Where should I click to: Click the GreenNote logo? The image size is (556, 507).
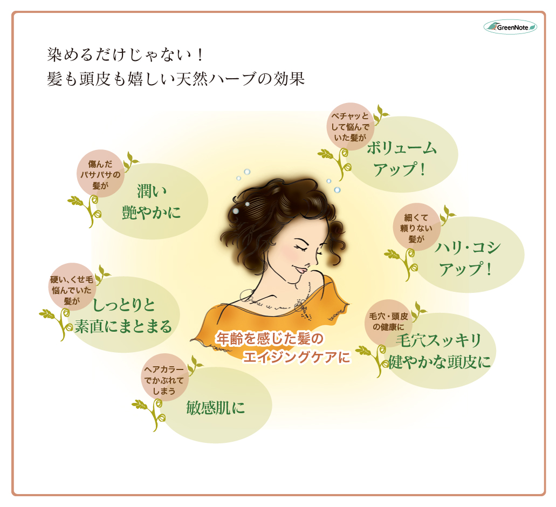point(510,26)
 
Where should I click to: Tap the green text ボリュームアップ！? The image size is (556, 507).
point(402,159)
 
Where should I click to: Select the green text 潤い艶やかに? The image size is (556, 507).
point(152,202)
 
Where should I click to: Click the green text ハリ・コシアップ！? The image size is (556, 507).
point(468,258)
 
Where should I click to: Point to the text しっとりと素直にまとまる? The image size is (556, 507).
point(123,316)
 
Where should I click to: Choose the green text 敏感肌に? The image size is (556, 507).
point(215,407)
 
